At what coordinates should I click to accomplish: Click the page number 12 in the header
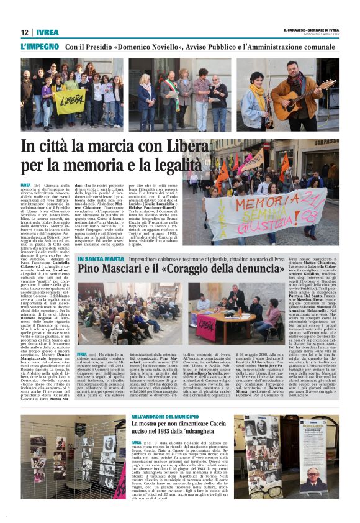tap(24, 32)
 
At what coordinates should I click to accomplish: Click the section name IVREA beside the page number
tap(47, 32)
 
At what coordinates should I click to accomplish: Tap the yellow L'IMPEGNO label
tap(39, 47)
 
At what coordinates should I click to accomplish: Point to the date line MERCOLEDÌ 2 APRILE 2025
tap(319, 35)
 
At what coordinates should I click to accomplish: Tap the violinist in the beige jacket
tap(255, 99)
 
